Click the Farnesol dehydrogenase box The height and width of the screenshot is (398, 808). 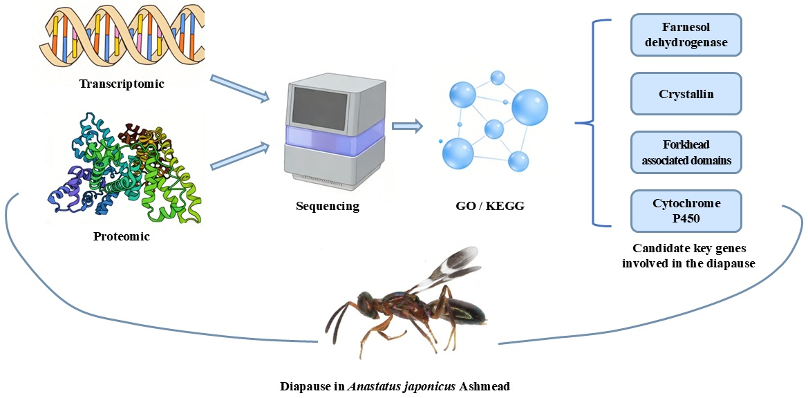686,35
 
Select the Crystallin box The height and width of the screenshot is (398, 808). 686,93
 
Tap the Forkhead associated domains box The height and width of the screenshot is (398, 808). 686,152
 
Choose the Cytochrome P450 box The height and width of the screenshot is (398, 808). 686,211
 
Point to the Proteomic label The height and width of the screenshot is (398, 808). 122,236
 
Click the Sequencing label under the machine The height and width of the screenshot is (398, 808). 328,206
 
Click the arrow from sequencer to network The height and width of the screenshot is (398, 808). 406,126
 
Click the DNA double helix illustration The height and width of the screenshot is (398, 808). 122,38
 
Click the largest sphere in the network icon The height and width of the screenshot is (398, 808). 529,107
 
